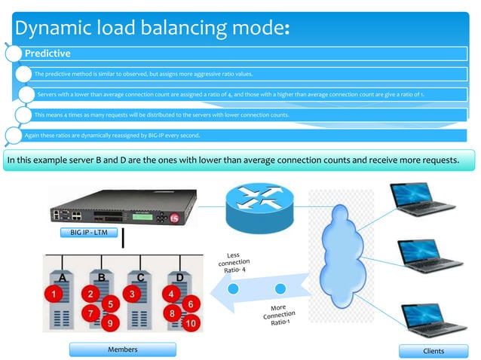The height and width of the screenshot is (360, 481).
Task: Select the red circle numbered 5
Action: [109, 304]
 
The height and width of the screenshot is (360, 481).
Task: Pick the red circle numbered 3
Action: [132, 292]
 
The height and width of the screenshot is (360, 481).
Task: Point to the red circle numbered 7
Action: [90, 312]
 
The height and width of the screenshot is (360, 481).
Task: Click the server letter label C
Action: [140, 276]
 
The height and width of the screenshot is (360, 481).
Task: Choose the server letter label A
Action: [63, 276]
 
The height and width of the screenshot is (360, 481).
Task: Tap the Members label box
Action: [122, 349]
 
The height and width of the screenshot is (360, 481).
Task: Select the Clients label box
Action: [434, 350]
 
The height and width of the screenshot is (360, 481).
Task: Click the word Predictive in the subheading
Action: [48, 53]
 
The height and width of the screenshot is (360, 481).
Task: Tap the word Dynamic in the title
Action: [56, 29]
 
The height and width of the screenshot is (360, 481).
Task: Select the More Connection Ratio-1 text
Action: [277, 316]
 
